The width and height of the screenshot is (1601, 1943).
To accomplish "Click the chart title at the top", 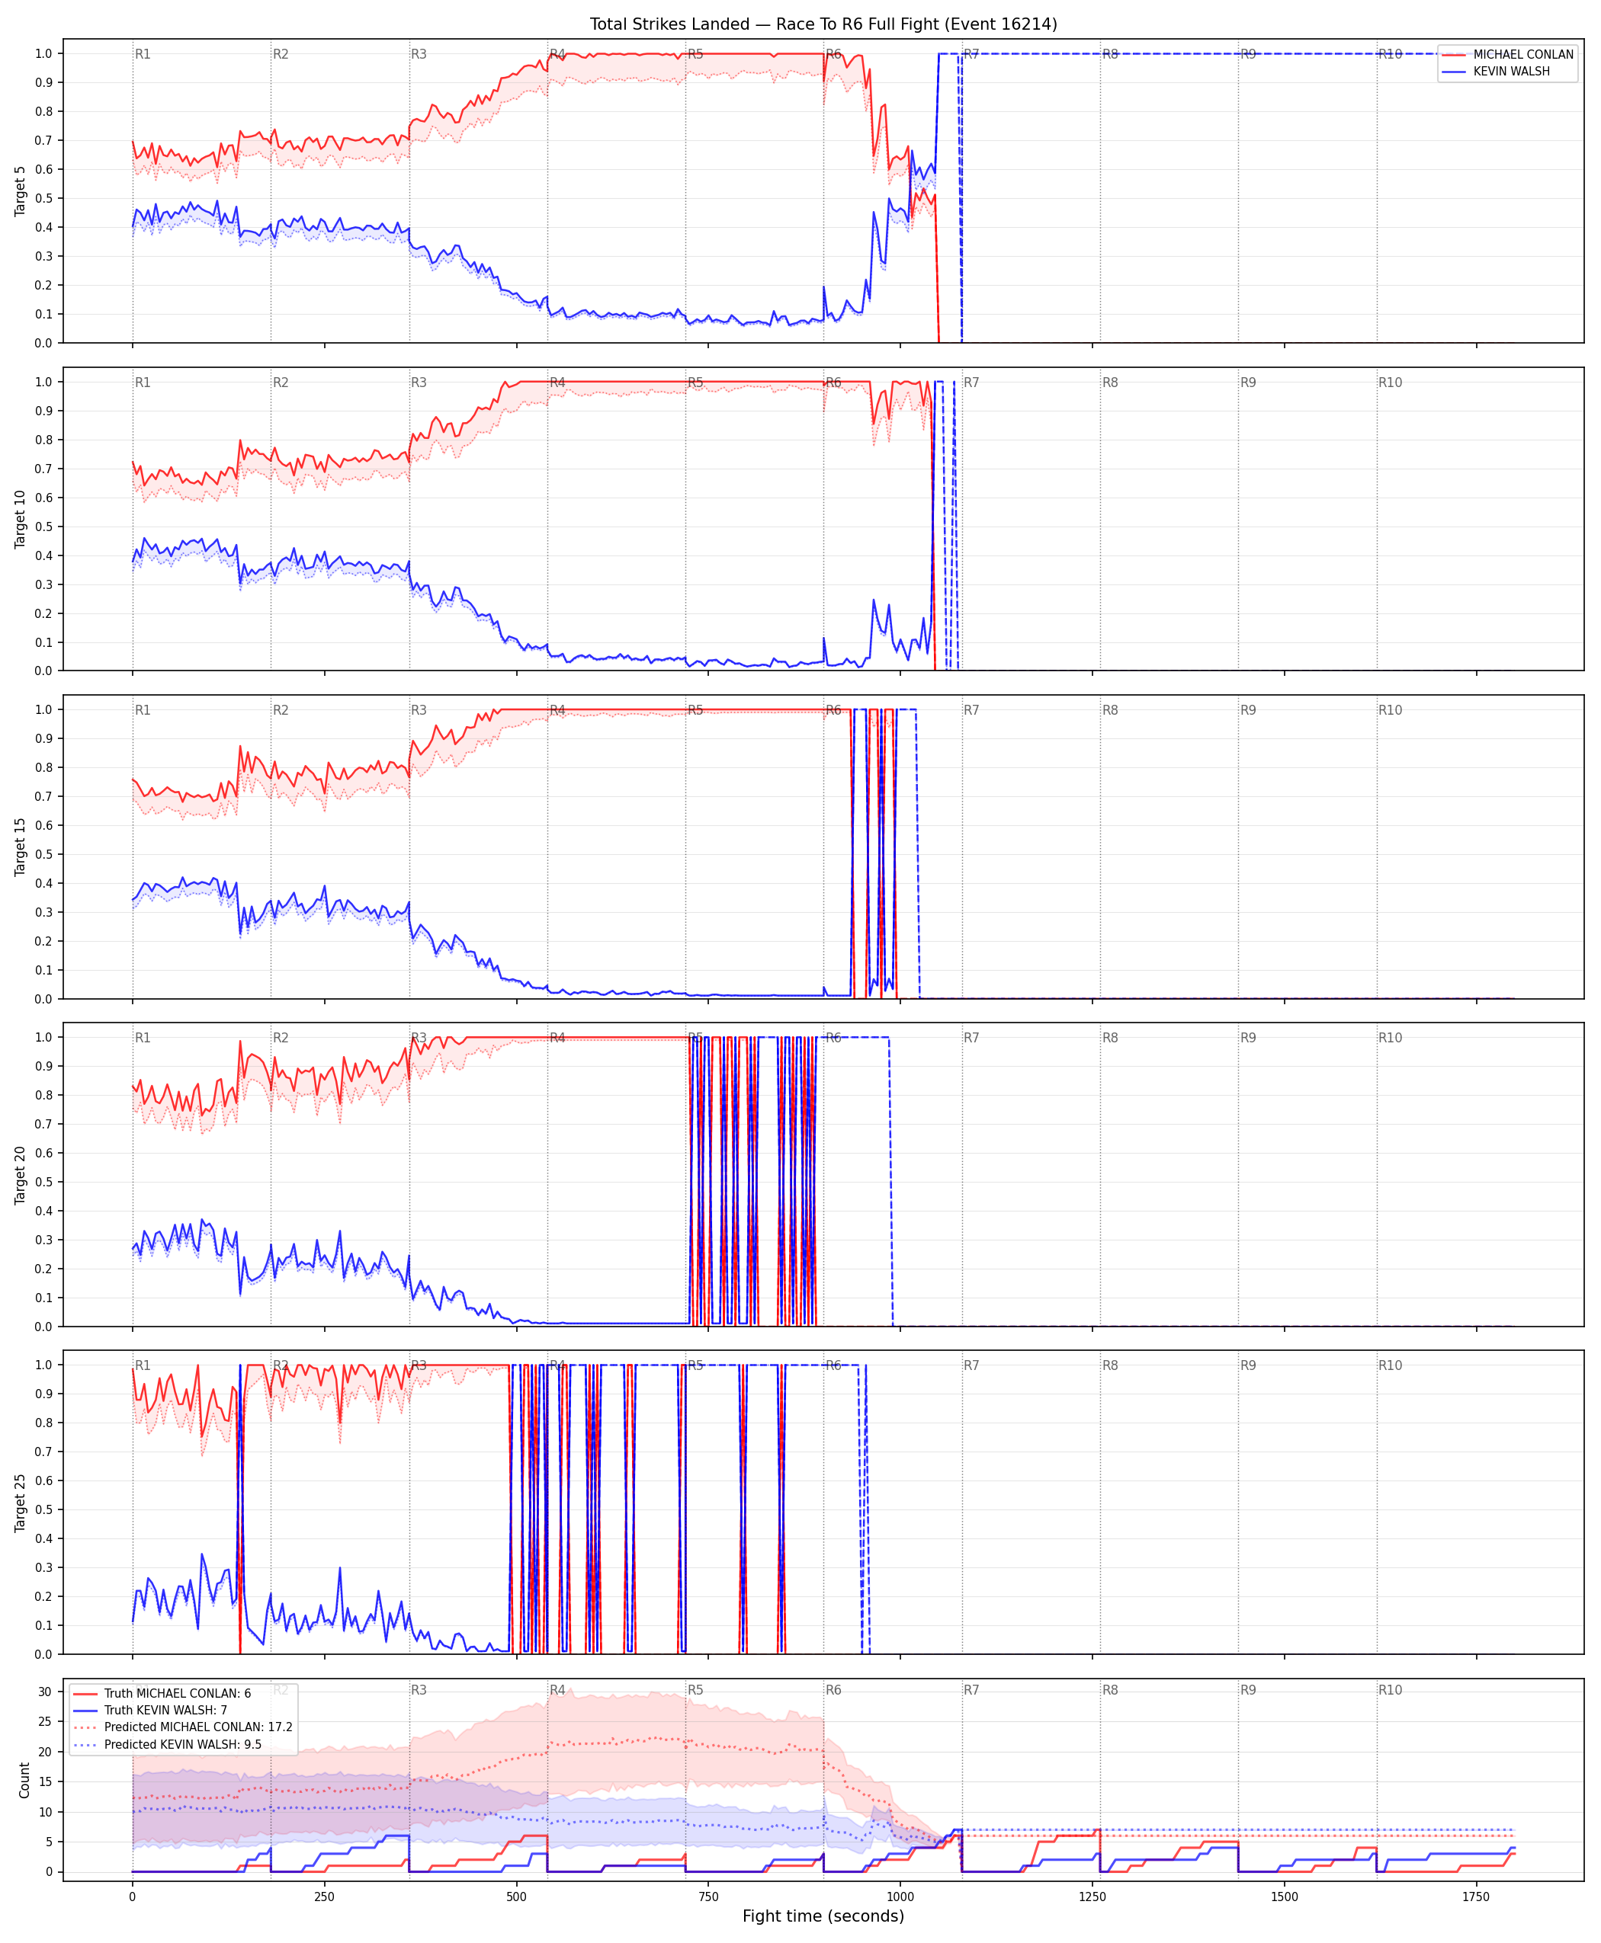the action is point(823,24).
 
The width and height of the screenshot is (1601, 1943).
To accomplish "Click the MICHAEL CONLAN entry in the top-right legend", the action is point(1522,54).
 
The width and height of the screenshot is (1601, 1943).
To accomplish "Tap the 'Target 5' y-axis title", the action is point(21,190).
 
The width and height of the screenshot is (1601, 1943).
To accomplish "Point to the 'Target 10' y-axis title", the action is point(21,519).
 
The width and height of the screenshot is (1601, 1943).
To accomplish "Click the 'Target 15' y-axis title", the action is point(21,846).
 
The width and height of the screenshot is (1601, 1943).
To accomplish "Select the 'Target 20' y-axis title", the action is point(21,1174).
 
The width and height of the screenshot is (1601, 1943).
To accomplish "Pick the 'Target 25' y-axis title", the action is point(21,1503).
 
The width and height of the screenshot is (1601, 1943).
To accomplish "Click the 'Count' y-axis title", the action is point(24,1780).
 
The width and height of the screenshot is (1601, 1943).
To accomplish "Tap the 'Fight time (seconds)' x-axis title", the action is point(823,1916).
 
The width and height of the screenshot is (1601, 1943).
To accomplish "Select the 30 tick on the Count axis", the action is point(45,1692).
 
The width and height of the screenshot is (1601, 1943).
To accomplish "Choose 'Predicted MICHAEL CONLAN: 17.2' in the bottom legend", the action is point(198,1727).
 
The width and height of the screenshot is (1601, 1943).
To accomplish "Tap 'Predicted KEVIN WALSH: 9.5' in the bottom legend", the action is point(183,1744).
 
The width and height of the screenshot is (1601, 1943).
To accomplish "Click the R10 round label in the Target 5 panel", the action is point(1390,54).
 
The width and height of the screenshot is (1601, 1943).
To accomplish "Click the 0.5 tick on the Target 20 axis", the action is point(43,1182).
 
